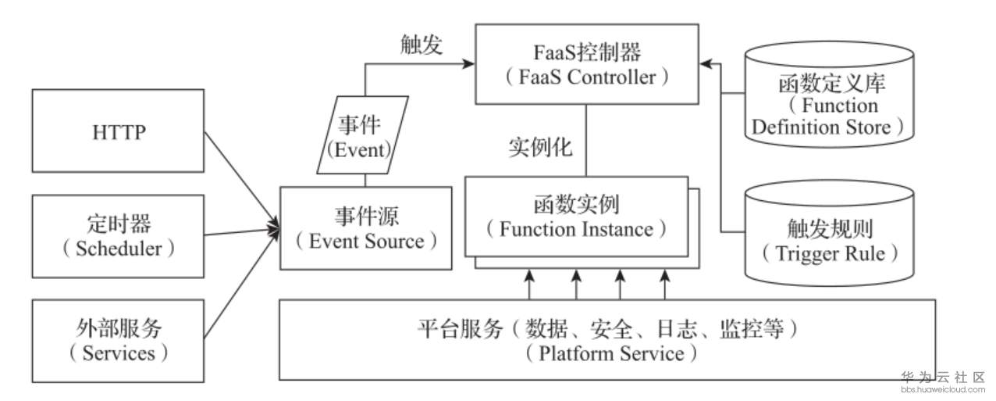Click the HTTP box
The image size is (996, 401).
point(117,132)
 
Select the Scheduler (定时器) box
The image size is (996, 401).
point(117,236)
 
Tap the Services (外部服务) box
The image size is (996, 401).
point(117,340)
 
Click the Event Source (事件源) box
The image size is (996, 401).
point(365,228)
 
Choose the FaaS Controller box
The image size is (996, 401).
point(586,64)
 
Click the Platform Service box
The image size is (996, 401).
point(606,339)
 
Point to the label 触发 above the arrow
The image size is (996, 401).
point(422,45)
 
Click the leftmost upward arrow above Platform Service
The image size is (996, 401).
point(530,283)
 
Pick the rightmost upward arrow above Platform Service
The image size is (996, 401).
point(665,283)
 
